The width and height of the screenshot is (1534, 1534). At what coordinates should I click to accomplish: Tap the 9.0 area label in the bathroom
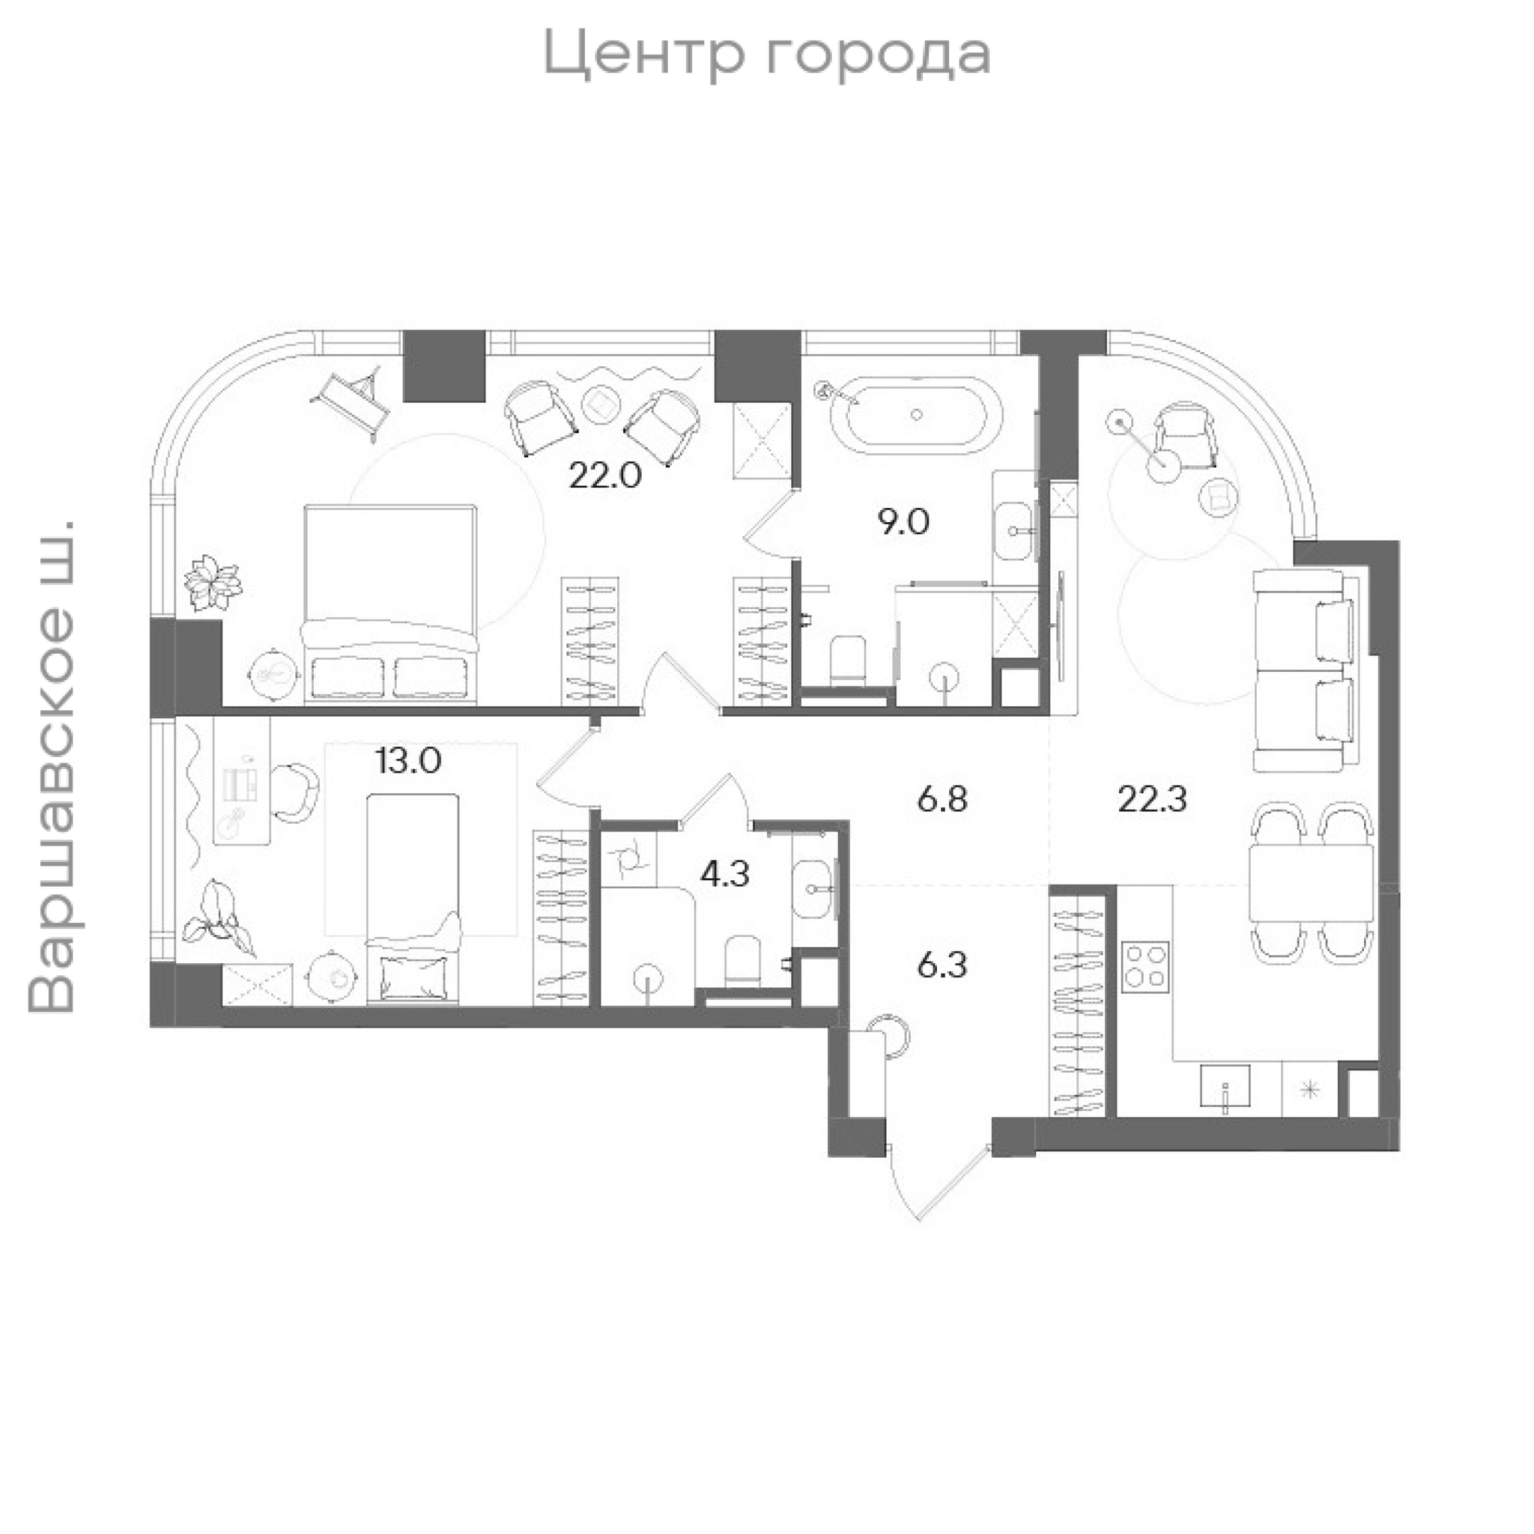pos(903,523)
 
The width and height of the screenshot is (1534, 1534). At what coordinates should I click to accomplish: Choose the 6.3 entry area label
pos(942,966)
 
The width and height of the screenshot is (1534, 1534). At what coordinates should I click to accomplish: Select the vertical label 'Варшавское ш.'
pos(52,767)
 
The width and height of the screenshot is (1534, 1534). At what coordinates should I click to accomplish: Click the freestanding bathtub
pos(917,413)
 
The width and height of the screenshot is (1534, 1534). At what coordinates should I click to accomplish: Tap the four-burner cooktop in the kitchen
pos(1145,965)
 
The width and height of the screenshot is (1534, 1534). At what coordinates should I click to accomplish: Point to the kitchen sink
pos(1225,1088)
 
